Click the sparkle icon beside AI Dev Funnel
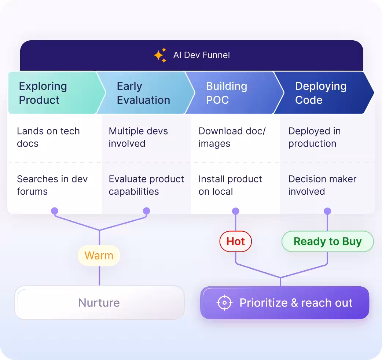coord(160,55)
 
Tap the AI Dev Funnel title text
coord(201,55)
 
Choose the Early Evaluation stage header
coord(143,93)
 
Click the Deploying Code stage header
coord(320,93)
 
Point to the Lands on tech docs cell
coord(48,137)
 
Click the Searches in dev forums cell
coord(52,185)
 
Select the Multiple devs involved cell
coord(138,137)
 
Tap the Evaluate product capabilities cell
coord(146,185)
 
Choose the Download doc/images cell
coord(232,137)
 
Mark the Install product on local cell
coord(230,185)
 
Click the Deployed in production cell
coord(314,137)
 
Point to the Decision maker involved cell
coord(322,185)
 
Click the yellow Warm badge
coord(99,256)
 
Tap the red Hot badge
coord(235,242)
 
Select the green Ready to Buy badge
coord(327,242)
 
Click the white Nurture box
coord(99,303)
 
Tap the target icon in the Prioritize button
coord(224,303)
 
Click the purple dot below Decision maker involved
coord(327,211)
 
